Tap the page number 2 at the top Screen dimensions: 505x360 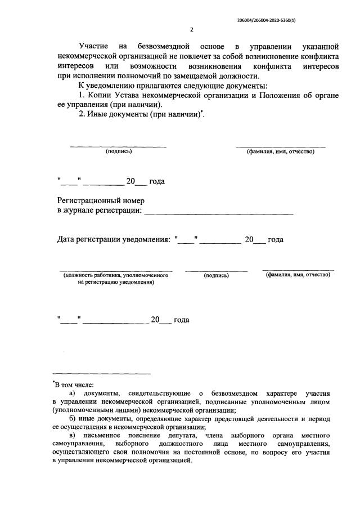(191, 29)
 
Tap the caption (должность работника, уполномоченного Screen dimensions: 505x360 (116, 275)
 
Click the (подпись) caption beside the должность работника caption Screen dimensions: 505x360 (216, 275)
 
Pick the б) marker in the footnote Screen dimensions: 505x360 (72, 419)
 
